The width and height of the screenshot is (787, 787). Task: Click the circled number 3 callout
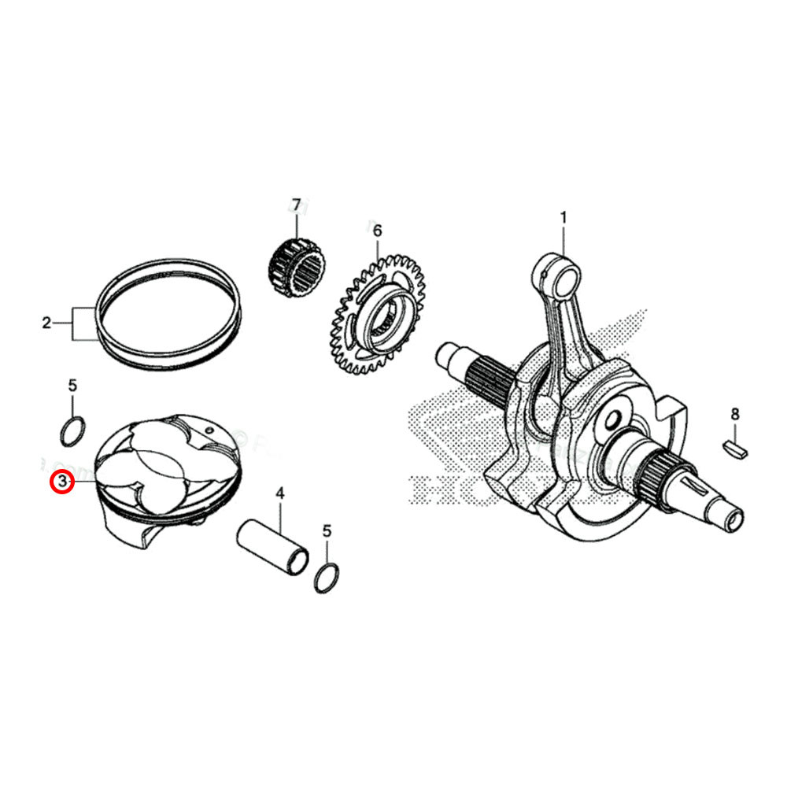[x=62, y=481]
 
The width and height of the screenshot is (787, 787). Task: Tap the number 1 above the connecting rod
[x=563, y=216]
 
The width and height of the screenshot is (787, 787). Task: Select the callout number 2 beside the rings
[x=46, y=323]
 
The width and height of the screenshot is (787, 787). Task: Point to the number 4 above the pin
[x=279, y=494]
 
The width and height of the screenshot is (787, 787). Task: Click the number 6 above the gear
[x=377, y=231]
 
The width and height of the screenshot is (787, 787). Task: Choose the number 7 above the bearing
[x=297, y=206]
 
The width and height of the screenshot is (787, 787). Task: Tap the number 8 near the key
[x=735, y=414]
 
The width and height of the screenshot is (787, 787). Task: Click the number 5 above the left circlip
[x=72, y=386]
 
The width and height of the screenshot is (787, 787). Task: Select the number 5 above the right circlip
[x=327, y=531]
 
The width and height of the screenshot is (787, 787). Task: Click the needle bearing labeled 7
[x=295, y=268]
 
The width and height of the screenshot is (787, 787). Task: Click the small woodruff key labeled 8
[x=736, y=449]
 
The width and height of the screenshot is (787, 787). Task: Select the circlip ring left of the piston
[x=73, y=431]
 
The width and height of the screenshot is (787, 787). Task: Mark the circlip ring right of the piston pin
[x=327, y=578]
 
